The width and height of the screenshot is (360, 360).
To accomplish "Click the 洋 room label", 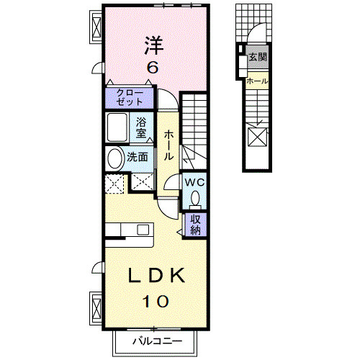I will click(x=152, y=45).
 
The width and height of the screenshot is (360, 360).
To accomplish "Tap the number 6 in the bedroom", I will click(x=152, y=69).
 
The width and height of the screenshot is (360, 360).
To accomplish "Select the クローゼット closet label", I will click(x=130, y=97).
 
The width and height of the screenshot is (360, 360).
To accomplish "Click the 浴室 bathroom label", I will click(x=142, y=127).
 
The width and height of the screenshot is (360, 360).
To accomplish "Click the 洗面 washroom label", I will click(x=138, y=156).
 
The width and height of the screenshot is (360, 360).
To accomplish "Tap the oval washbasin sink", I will click(x=115, y=158).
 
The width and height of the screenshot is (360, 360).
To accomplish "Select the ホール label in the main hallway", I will click(x=167, y=145).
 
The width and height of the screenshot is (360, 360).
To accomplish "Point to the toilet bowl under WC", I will click(x=195, y=197).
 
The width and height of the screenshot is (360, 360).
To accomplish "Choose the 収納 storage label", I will click(x=196, y=225).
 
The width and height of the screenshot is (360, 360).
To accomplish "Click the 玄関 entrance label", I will click(x=257, y=57).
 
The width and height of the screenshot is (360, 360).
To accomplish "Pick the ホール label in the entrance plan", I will click(x=257, y=81).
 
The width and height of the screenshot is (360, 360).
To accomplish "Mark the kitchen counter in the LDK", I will click(x=130, y=231).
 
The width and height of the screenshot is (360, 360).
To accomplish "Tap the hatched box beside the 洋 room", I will click(x=96, y=28).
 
